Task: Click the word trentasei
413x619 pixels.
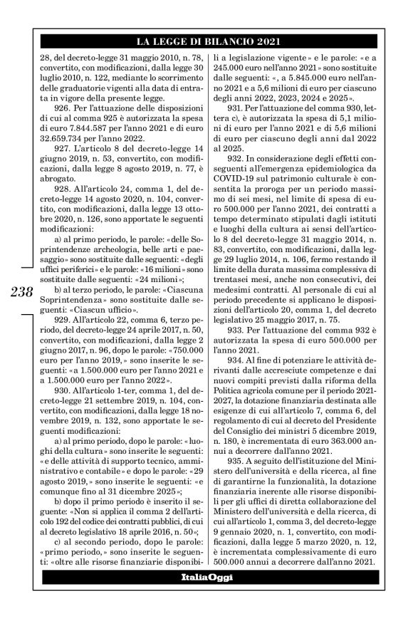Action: [x=241, y=253]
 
